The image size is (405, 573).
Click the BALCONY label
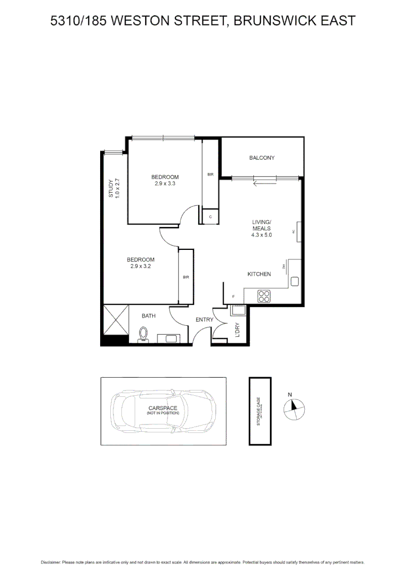tap(262, 158)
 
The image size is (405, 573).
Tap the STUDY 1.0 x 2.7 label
tap(115, 188)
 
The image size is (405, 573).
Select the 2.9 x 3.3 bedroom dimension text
tap(165, 184)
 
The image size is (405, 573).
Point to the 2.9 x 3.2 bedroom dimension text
tap(140, 266)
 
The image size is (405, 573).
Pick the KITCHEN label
tap(259, 274)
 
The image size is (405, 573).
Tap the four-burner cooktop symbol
tap(264, 297)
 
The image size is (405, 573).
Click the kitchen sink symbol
tap(295, 281)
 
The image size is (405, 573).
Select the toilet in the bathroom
tap(142, 335)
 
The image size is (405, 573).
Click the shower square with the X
tap(116, 320)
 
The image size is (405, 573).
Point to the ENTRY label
tap(204, 319)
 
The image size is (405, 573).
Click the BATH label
tap(148, 316)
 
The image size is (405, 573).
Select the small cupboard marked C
tap(211, 216)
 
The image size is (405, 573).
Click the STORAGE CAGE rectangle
tap(260, 411)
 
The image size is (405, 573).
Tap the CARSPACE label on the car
tap(163, 408)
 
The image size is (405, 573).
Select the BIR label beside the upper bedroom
tap(210, 174)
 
